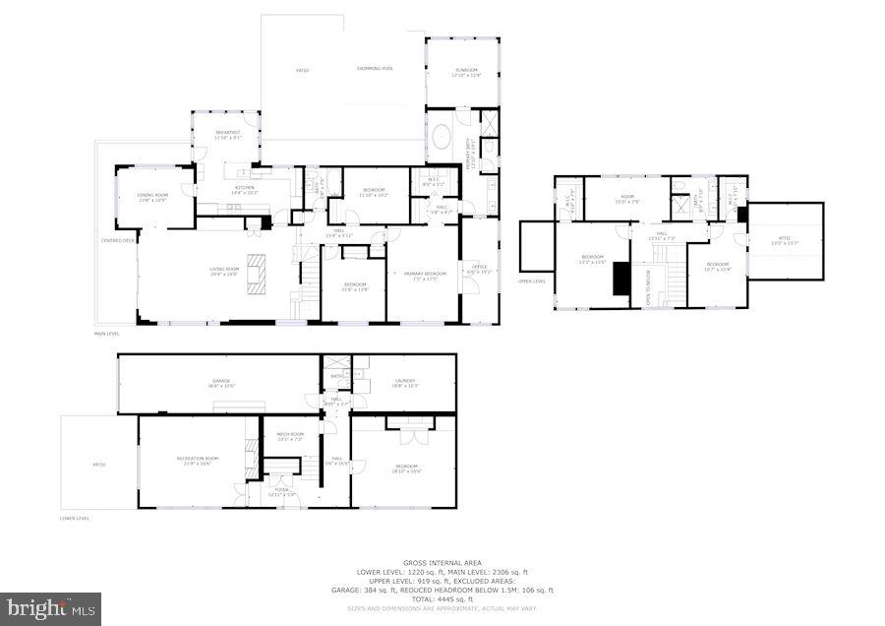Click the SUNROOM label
pos(464,72)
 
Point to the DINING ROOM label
pos(151,196)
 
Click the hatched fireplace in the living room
pos(257,272)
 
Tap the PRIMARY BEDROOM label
pos(423,274)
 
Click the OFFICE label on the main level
pos(480,267)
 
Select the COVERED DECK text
pos(117,240)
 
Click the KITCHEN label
pos(244,188)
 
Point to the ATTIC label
pos(784,238)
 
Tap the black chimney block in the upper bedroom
pos(619,279)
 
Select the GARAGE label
pos(220,381)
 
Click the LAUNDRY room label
pos(405,381)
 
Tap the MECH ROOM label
pos(290,434)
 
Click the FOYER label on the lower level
pos(280,489)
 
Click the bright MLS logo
pos(51,608)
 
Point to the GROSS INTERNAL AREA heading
pos(442,563)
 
